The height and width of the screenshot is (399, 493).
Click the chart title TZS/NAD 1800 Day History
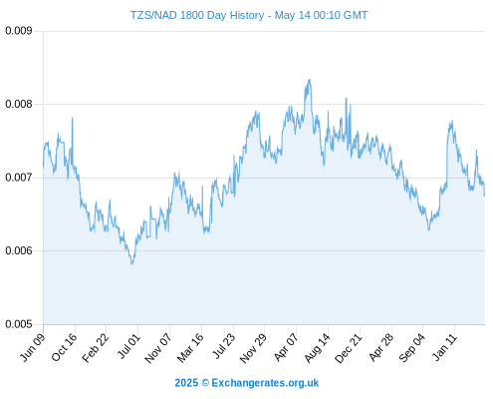197,15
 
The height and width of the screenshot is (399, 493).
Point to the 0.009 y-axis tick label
19,31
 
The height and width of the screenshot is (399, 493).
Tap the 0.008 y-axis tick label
19,104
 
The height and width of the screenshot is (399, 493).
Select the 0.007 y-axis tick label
19,178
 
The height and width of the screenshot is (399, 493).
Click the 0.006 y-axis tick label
19,250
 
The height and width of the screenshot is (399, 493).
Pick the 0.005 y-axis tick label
19,324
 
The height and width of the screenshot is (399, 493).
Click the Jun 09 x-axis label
33,347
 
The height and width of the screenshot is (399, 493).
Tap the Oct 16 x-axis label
65,347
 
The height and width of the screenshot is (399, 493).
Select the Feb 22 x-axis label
96,348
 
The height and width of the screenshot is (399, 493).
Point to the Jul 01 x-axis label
129,346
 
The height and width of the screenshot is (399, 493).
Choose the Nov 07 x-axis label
158,348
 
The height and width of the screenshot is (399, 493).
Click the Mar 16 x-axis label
190,348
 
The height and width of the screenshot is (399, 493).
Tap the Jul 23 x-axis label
224,346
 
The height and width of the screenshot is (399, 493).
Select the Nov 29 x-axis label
254,348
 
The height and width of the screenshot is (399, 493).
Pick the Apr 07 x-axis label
287,347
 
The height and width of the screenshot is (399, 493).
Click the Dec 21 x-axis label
349,348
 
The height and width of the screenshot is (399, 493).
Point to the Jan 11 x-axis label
445,346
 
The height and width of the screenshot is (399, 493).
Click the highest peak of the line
310,80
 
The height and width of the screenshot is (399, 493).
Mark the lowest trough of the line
132,264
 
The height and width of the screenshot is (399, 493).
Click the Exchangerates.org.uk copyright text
247,383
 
